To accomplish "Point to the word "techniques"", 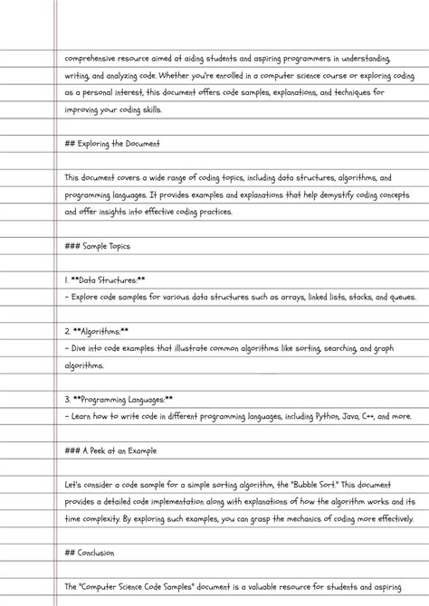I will click(348, 92).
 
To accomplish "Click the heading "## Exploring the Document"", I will click(112, 144).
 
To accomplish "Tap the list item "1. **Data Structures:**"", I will click(105, 281).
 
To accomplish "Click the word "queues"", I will click(399, 298).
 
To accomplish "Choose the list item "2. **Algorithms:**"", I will click(97, 332).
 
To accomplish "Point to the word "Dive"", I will click(81, 349).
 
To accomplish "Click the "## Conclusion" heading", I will click(89, 553).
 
